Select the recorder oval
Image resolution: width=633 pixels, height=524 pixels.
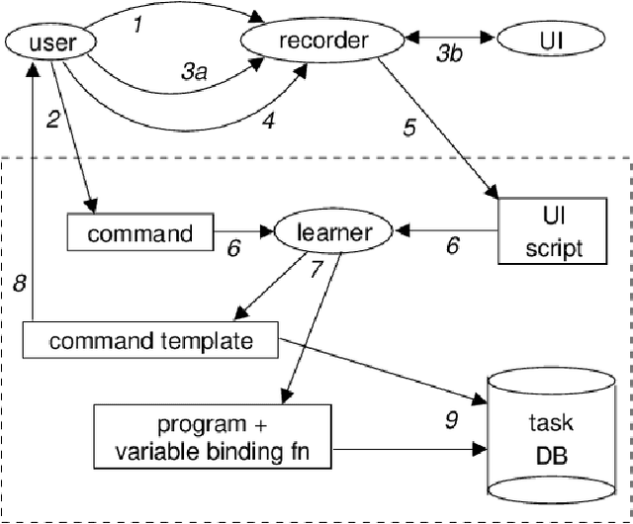[x=323, y=41]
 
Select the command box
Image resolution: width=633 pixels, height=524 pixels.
[x=139, y=233]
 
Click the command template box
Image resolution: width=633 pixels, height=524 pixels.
[x=150, y=342]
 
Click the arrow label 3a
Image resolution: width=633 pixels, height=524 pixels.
[x=194, y=71]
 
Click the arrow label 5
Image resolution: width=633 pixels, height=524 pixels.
[x=408, y=128]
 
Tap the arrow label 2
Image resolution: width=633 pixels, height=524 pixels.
[x=53, y=120]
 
